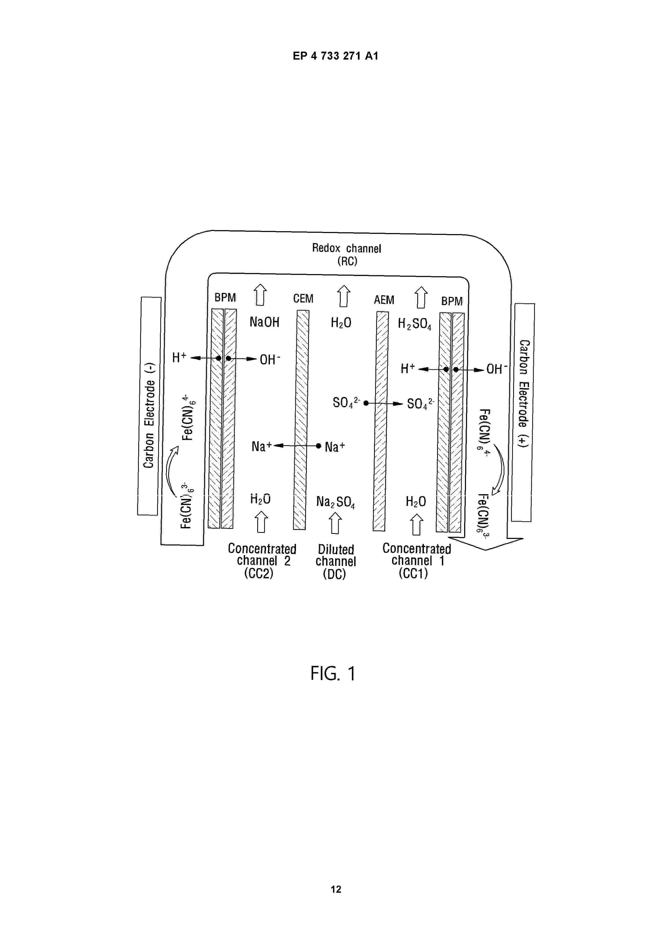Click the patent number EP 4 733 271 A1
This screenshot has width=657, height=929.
click(336, 56)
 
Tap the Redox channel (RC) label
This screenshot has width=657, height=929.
click(347, 254)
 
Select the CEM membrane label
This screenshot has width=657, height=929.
click(303, 299)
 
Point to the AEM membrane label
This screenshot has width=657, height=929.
click(384, 300)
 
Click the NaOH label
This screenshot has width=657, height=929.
click(264, 322)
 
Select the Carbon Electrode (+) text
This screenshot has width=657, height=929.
click(525, 393)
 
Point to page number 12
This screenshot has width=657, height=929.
click(336, 889)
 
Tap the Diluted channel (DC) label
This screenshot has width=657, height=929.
click(336, 562)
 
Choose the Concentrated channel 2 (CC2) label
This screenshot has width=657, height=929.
click(262, 561)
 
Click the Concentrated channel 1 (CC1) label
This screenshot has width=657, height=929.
click(416, 561)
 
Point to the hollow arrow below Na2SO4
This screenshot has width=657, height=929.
click(335, 523)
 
